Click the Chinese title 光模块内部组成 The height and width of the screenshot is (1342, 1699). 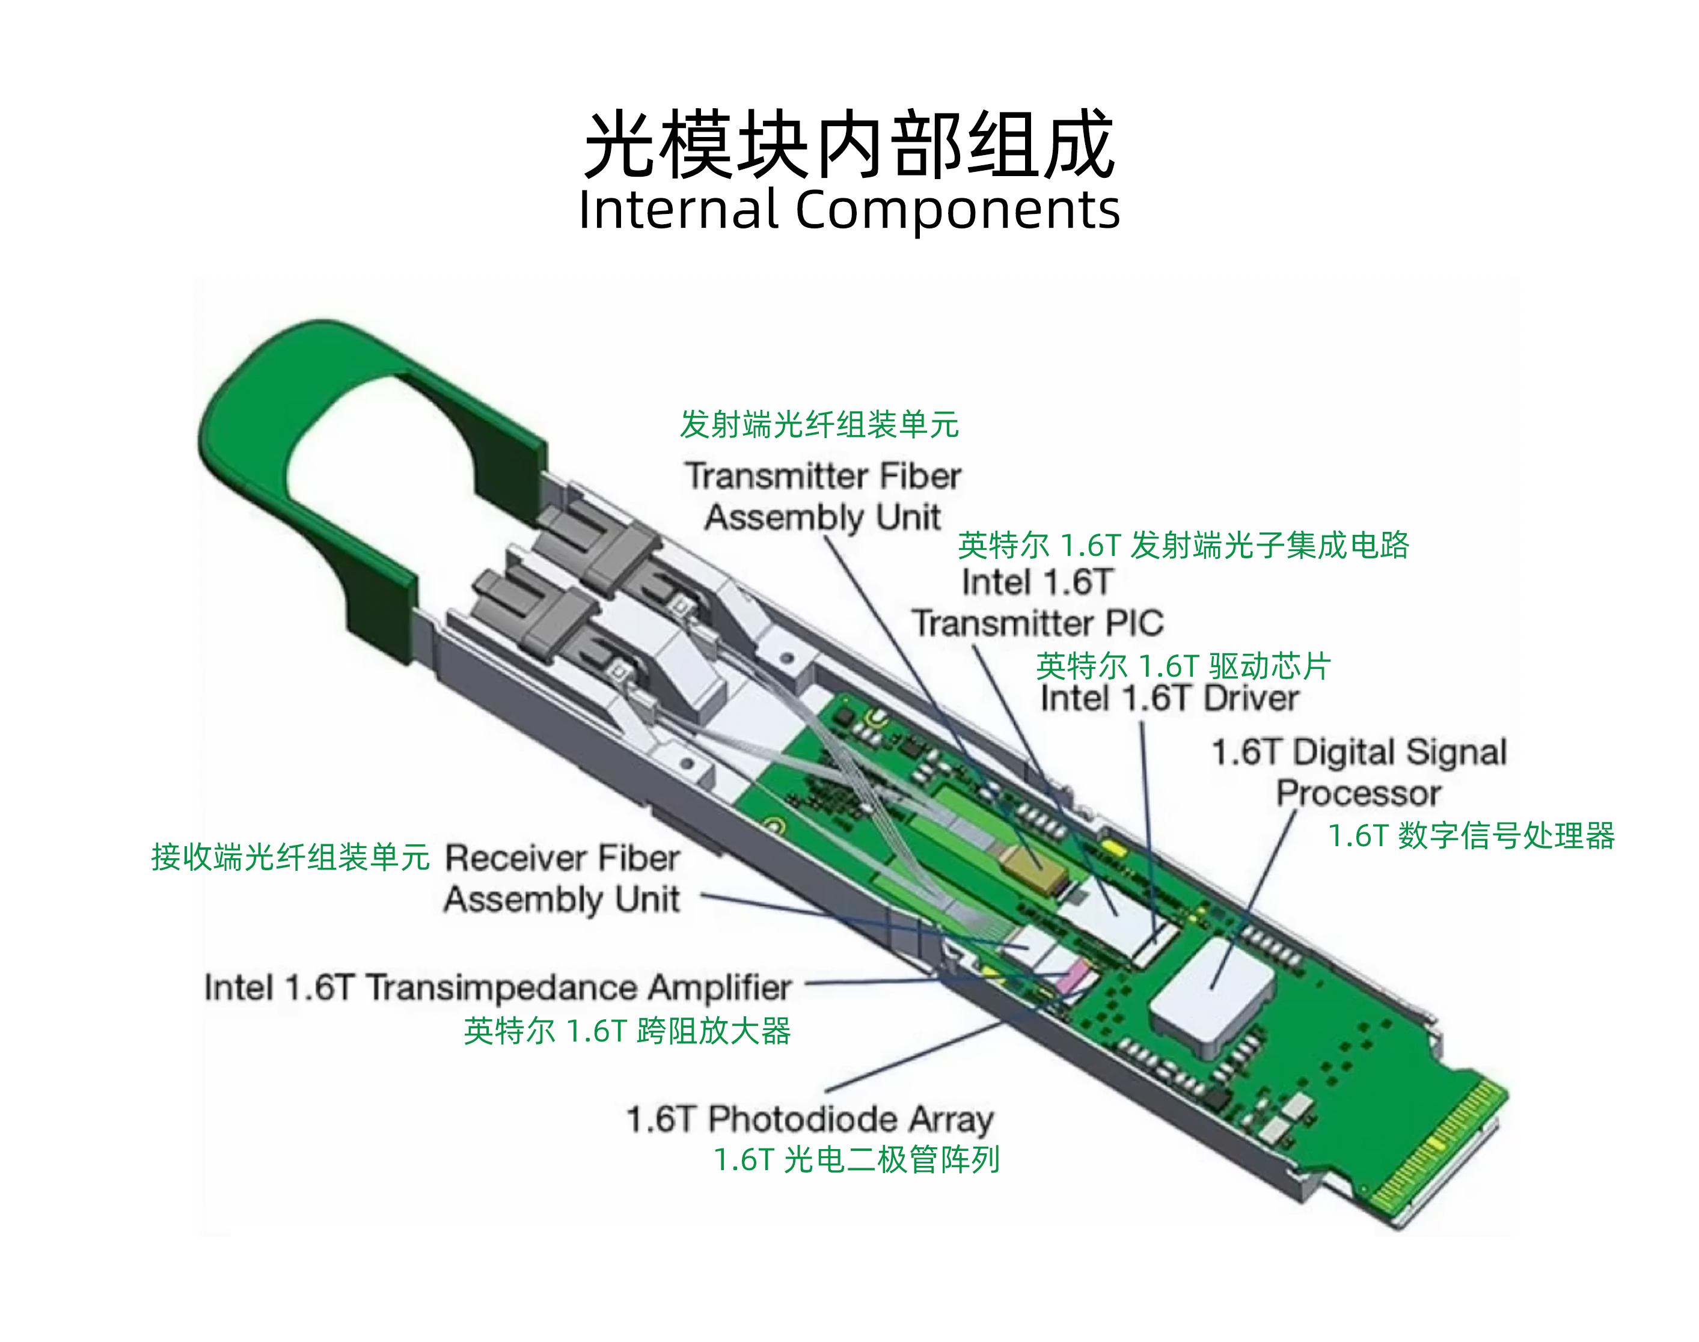click(x=849, y=145)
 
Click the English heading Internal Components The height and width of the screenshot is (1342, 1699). click(x=849, y=210)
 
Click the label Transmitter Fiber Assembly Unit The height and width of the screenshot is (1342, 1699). click(x=823, y=496)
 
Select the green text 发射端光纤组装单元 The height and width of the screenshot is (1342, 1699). click(x=819, y=424)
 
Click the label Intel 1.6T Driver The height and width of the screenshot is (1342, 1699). click(x=1169, y=698)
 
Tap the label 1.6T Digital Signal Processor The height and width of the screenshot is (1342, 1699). click(x=1359, y=772)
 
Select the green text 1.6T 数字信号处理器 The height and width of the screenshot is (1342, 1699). click(x=1471, y=835)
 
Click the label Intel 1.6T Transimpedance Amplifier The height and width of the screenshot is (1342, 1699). click(x=497, y=987)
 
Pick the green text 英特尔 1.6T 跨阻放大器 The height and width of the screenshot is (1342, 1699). click(x=627, y=1031)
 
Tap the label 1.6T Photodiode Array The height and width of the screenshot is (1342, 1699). click(x=810, y=1120)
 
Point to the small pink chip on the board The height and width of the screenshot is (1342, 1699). click(x=1074, y=977)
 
